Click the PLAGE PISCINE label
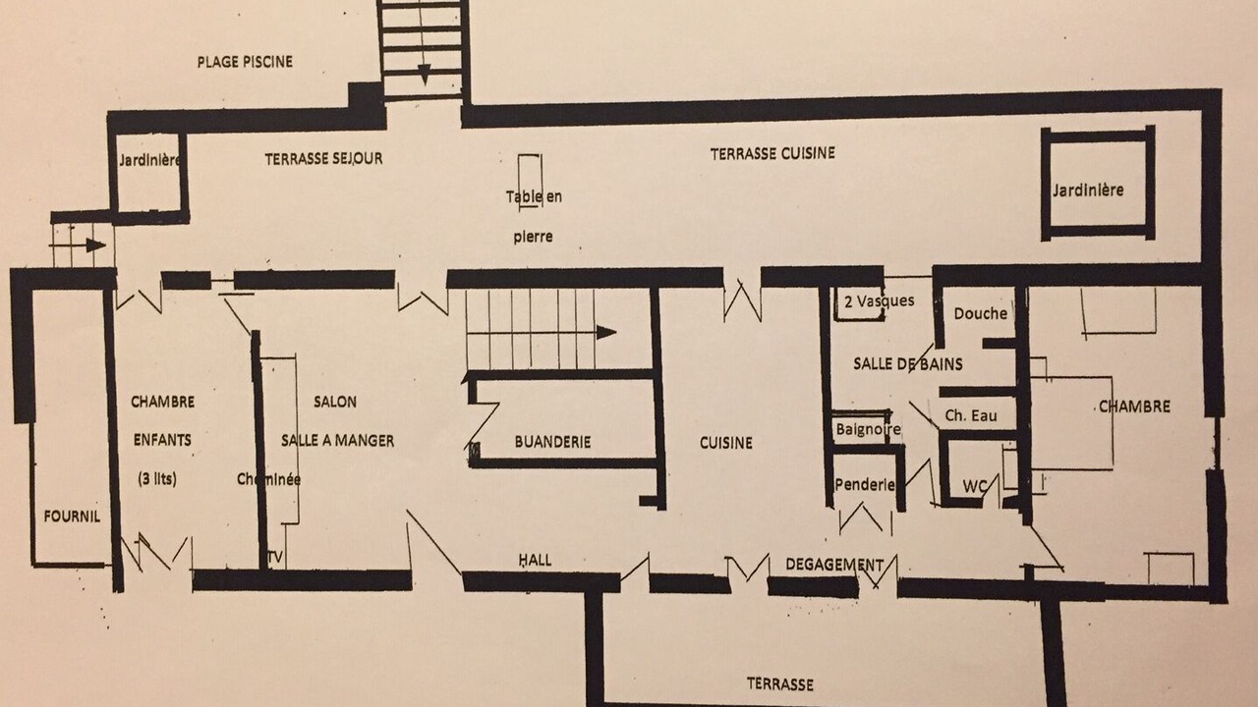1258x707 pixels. [245, 62]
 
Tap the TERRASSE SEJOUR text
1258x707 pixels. [323, 159]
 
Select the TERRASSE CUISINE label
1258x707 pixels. [772, 154]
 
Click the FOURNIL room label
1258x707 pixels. [72, 517]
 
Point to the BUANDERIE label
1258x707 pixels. [552, 442]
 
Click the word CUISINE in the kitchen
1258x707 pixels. [725, 443]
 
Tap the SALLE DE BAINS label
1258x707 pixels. [907, 364]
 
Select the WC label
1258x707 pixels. [974, 486]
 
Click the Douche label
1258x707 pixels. [981, 313]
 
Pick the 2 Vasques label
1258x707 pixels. [880, 301]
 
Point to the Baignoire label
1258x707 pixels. [868, 430]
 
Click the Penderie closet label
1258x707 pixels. [864, 484]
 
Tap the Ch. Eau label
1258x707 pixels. [970, 415]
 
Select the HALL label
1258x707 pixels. [535, 560]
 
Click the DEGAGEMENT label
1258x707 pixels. [834, 565]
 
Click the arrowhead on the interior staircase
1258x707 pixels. [606, 332]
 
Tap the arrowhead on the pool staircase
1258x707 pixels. [424, 75]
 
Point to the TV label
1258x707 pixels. [275, 558]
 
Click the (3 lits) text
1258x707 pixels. [157, 478]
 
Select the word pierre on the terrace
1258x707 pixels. [533, 237]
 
